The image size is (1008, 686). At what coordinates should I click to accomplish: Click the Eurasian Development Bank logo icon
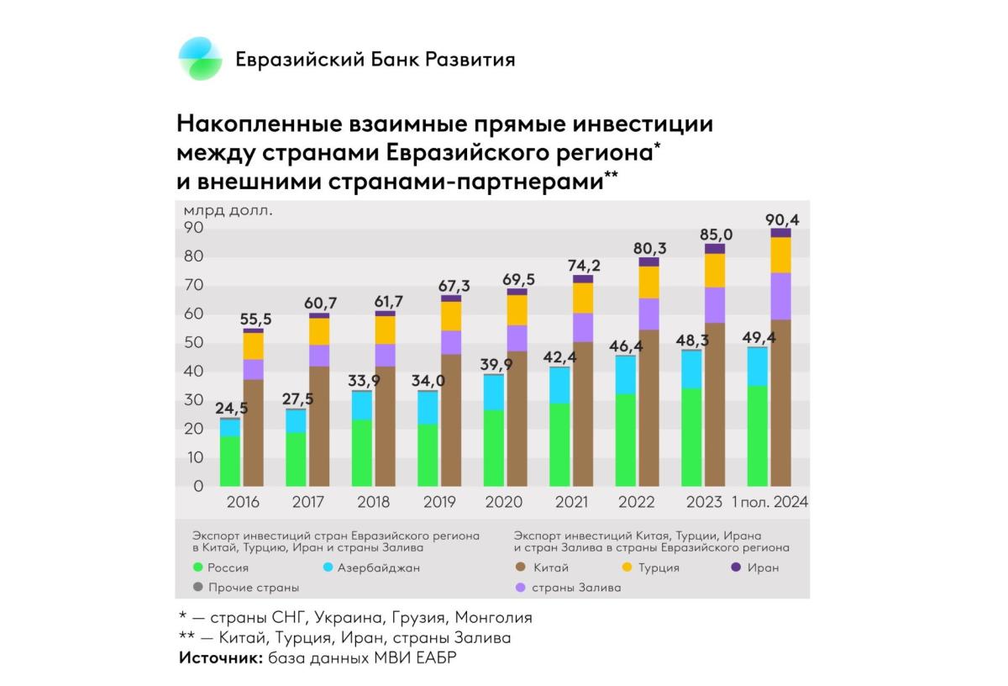click(x=200, y=59)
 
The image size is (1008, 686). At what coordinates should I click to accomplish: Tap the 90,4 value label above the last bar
click(x=781, y=219)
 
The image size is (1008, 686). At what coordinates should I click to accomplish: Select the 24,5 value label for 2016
click(x=231, y=409)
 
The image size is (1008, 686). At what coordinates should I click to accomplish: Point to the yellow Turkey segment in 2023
click(x=715, y=270)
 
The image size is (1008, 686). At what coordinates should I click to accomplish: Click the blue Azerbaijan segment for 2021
click(x=560, y=385)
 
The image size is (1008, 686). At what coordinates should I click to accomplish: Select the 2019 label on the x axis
click(x=439, y=502)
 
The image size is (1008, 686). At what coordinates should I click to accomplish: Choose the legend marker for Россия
click(x=198, y=567)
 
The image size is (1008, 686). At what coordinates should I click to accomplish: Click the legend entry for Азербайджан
click(x=378, y=567)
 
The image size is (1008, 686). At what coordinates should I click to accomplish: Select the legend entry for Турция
click(x=658, y=567)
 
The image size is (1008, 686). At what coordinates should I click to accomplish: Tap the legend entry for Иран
click(x=762, y=567)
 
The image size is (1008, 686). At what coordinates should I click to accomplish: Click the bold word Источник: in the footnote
click(x=221, y=657)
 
